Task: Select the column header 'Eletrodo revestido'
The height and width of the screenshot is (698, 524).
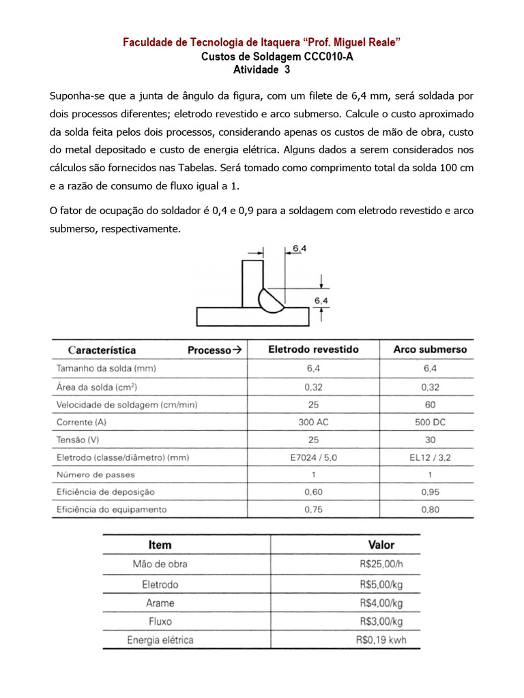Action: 313,350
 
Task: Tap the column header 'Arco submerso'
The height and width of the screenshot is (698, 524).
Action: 430,350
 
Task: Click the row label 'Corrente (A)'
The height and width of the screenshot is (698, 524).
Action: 81,422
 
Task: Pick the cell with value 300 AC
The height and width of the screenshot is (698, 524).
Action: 313,422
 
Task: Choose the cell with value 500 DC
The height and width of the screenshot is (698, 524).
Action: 430,422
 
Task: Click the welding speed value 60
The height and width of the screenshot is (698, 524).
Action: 430,404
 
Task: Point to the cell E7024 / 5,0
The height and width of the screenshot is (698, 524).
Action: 313,457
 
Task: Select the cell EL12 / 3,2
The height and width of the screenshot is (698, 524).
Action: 430,457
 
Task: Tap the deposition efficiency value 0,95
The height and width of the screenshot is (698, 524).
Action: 430,491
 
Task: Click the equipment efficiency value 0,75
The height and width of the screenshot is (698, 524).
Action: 313,509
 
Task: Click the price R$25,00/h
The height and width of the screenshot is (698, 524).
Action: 380,564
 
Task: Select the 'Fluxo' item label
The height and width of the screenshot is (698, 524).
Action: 160,622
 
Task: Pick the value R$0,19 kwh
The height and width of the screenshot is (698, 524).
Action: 380,640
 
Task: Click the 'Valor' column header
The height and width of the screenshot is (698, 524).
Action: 381,545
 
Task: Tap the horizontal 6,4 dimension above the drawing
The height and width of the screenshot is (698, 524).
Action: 300,249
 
